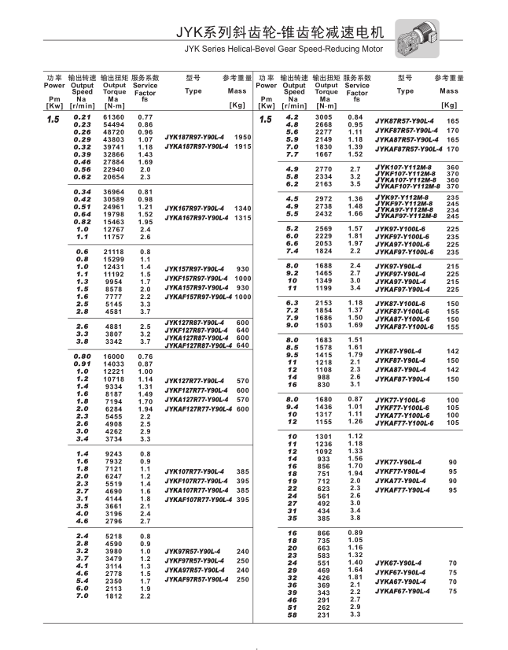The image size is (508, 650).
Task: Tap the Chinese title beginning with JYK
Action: point(282,33)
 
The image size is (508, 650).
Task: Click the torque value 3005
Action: point(324,117)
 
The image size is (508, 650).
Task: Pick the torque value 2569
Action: point(324,228)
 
